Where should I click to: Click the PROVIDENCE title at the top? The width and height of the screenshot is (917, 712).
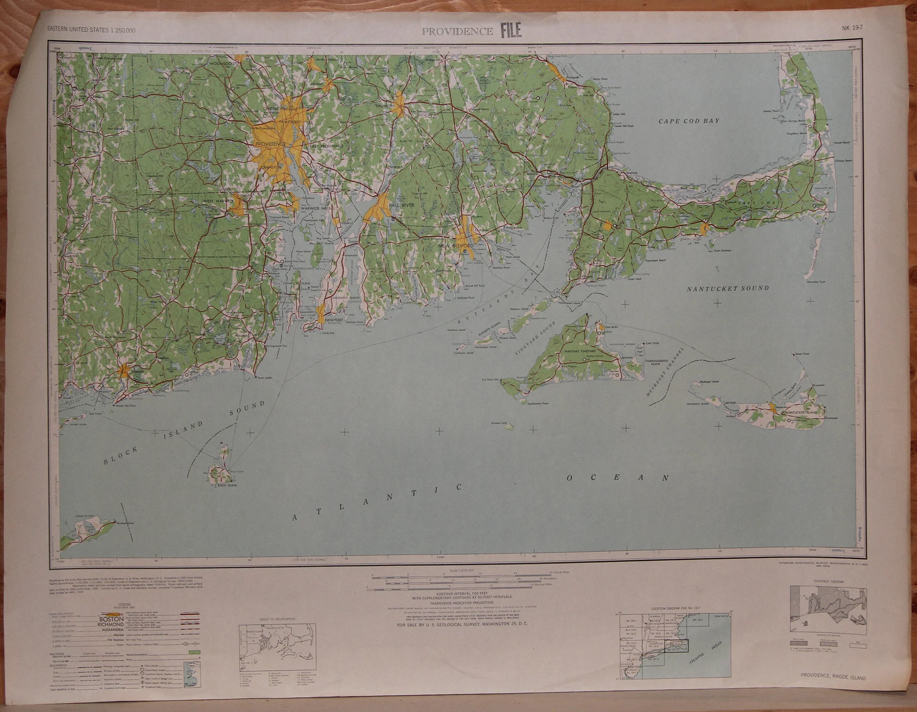pyautogui.click(x=457, y=32)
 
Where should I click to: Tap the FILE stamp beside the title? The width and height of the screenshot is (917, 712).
pyautogui.click(x=511, y=31)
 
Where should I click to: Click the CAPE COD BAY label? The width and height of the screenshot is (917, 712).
pyautogui.click(x=689, y=121)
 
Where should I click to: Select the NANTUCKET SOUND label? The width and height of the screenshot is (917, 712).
pyautogui.click(x=728, y=288)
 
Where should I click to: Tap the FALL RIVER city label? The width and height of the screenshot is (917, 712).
pyautogui.click(x=401, y=205)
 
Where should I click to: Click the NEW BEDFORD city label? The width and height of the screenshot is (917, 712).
pyautogui.click(x=455, y=246)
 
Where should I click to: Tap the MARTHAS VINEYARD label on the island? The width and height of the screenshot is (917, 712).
pyautogui.click(x=580, y=351)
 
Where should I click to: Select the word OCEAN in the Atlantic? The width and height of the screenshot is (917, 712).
pyautogui.click(x=618, y=478)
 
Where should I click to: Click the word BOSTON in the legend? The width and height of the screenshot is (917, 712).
pyautogui.click(x=111, y=619)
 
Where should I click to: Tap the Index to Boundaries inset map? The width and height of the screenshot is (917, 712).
pyautogui.click(x=277, y=647)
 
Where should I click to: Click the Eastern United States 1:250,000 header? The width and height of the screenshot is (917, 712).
pyautogui.click(x=91, y=30)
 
